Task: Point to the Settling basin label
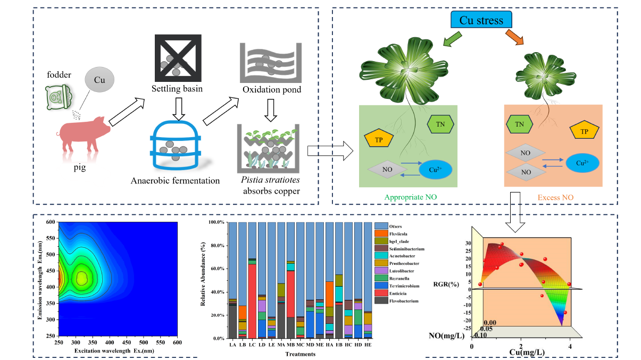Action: click(x=177, y=88)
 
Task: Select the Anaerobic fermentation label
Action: click(x=175, y=180)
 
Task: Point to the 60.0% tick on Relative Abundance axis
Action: click(x=215, y=269)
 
